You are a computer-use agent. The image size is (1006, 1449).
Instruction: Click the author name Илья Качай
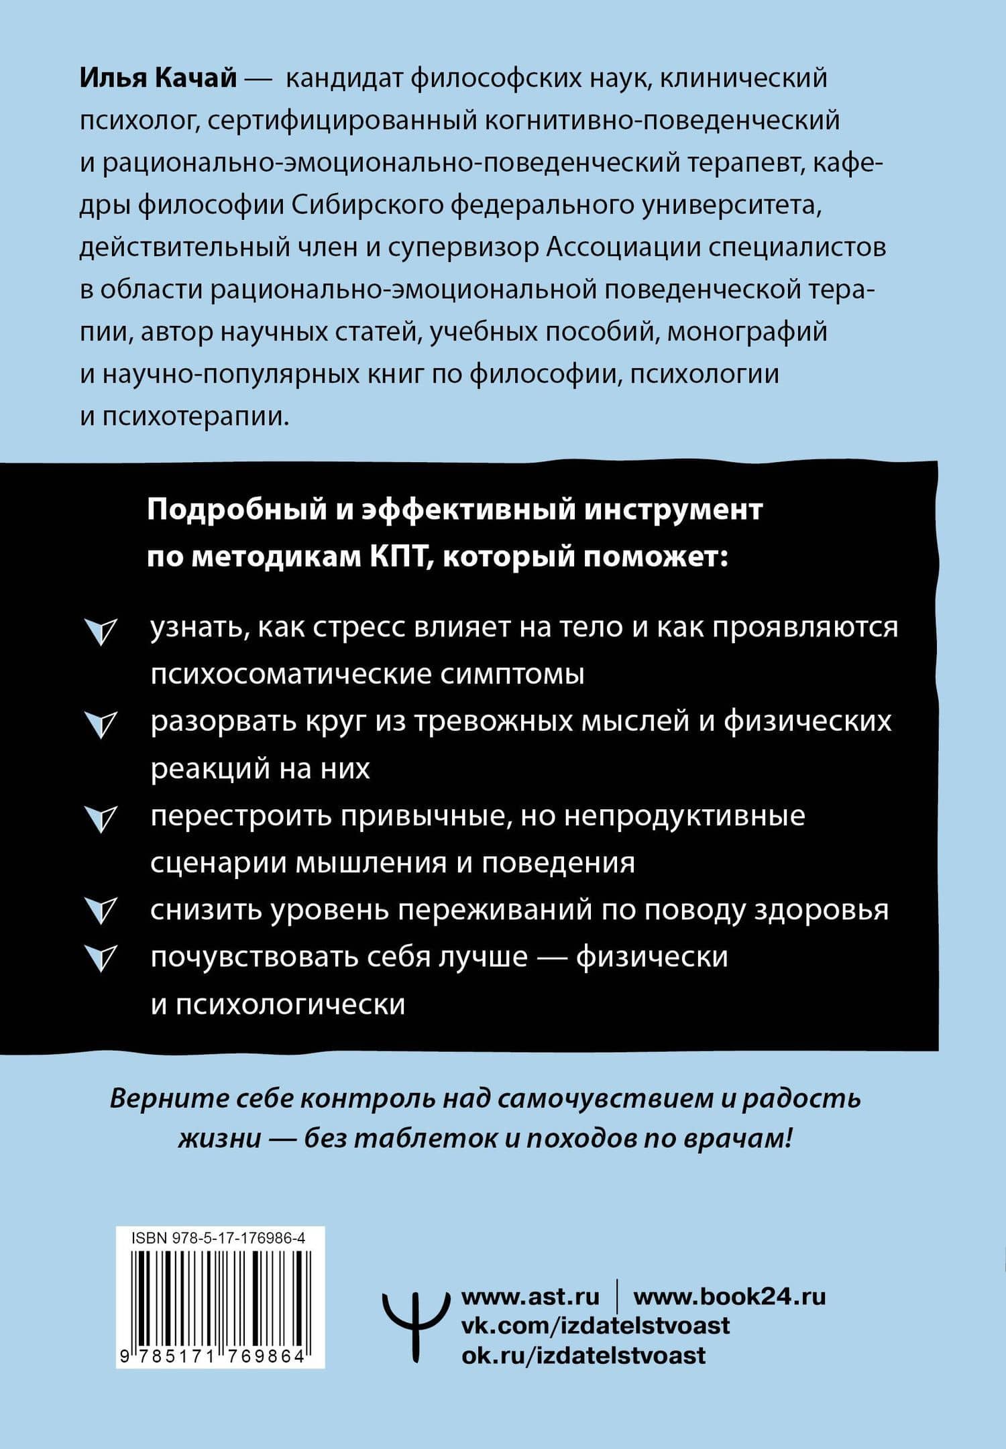click(x=158, y=79)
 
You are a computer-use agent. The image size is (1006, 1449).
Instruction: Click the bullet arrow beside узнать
click(x=101, y=632)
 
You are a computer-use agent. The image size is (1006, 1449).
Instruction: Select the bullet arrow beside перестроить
click(x=101, y=819)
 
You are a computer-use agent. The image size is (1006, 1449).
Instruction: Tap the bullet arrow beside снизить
click(x=101, y=911)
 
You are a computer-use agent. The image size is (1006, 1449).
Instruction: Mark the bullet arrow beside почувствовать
click(x=101, y=958)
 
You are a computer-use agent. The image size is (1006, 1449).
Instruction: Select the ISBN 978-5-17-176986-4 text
click(x=219, y=1239)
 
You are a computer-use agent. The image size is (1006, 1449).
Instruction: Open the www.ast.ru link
click(x=530, y=1297)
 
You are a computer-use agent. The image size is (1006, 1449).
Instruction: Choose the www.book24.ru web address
click(x=730, y=1297)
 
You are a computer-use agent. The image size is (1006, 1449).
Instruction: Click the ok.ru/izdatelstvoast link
click(x=583, y=1356)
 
